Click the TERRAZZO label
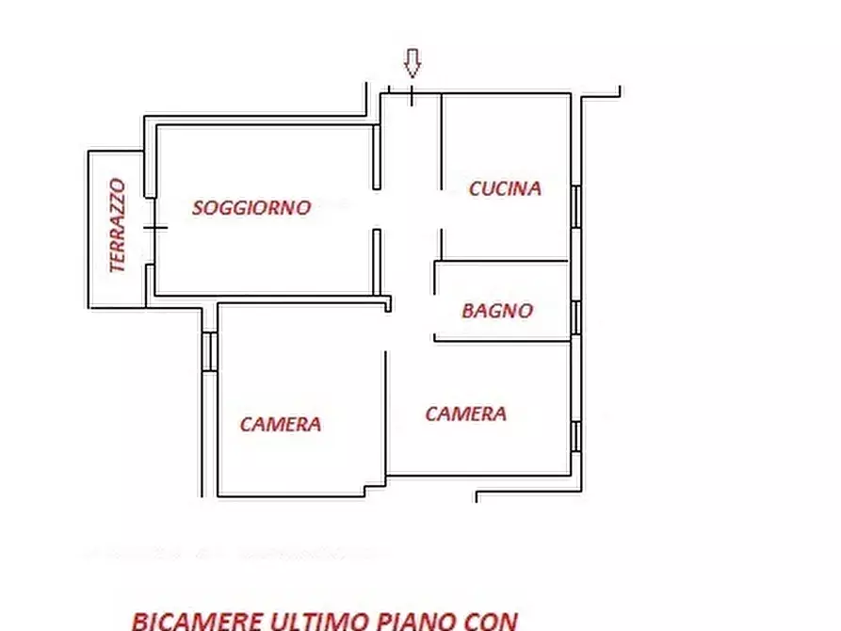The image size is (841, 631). pyautogui.click(x=118, y=226)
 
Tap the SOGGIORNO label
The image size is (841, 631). pyautogui.click(x=251, y=208)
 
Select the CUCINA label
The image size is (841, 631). pyautogui.click(x=505, y=188)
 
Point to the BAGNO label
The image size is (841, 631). pyautogui.click(x=497, y=310)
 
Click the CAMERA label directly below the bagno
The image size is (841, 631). pyautogui.click(x=465, y=413)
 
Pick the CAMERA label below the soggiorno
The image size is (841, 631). pyautogui.click(x=280, y=425)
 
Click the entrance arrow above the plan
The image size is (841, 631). pyautogui.click(x=412, y=63)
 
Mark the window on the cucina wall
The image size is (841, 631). pyautogui.click(x=574, y=206)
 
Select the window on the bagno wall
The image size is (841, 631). pyautogui.click(x=574, y=318)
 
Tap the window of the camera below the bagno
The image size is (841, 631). pyautogui.click(x=574, y=436)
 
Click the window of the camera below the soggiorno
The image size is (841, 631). pyautogui.click(x=209, y=350)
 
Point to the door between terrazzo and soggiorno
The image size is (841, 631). pyautogui.click(x=151, y=227)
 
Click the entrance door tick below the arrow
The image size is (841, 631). pyautogui.click(x=412, y=94)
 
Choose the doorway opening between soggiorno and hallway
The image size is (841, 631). pyautogui.click(x=377, y=209)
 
